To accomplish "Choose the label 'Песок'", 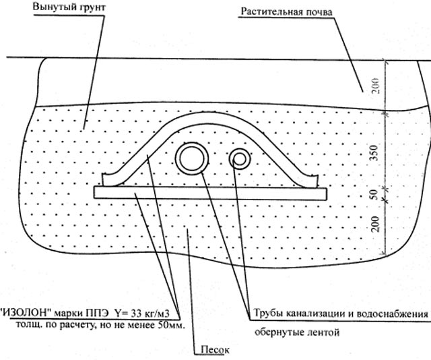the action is [215, 351].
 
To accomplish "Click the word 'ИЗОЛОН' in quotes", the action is [26, 313].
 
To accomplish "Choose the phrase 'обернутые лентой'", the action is [296, 333].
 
